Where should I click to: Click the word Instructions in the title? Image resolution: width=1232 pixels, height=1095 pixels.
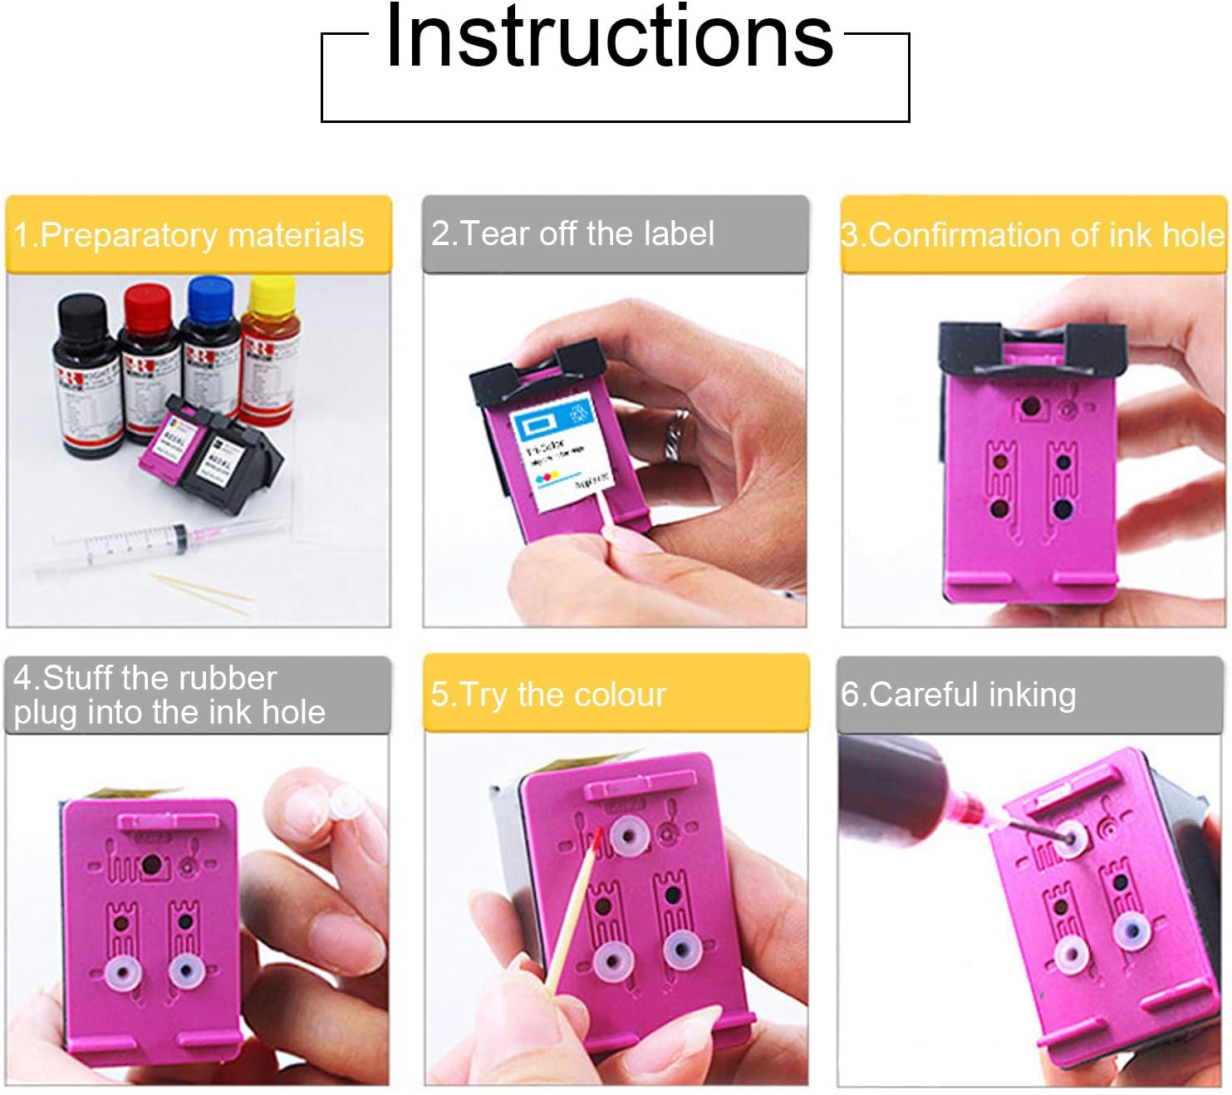coord(609,37)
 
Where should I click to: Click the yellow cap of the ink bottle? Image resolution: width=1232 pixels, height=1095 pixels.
coord(272,293)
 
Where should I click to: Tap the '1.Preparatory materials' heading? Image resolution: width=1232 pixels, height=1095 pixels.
coord(189,235)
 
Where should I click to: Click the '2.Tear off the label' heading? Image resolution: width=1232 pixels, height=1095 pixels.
coord(572,233)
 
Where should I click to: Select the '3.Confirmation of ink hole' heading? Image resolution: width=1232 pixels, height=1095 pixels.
coord(1033,235)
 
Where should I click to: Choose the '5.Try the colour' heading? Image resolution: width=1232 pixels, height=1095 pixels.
coord(548,695)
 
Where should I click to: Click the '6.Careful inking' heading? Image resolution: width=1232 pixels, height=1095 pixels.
coord(959,695)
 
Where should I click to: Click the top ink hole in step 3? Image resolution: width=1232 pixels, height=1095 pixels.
coord(1030,407)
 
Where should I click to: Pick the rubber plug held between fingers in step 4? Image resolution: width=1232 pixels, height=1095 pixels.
coord(341,802)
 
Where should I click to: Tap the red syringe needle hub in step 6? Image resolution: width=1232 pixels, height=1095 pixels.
coord(969,804)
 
